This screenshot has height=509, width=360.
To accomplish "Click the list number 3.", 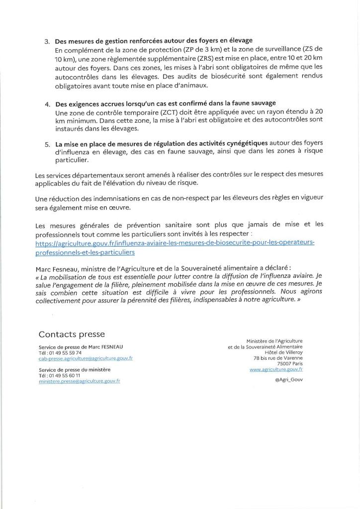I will click(46, 41).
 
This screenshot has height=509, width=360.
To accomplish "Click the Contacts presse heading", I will click(72, 334).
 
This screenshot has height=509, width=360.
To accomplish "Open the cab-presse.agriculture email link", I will click(85, 358).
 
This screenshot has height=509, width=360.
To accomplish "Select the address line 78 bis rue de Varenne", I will click(278, 358).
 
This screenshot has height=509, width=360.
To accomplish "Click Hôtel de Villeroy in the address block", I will click(284, 352).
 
